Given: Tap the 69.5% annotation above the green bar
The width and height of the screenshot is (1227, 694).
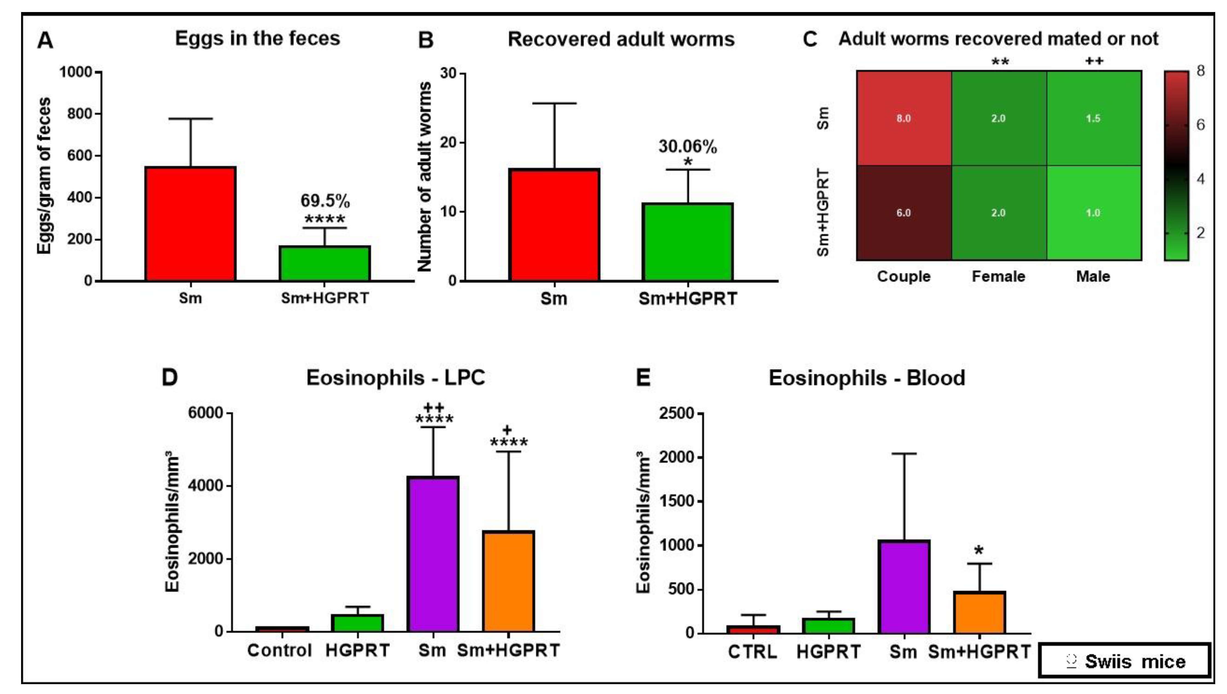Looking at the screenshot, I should pos(325,201).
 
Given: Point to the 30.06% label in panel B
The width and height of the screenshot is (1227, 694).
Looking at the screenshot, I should pos(687,146).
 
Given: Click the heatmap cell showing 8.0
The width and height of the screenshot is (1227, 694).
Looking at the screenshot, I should pos(904,118).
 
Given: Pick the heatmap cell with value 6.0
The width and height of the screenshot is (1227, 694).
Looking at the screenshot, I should pos(904,213).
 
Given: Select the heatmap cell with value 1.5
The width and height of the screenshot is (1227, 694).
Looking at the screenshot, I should pos(1093,118).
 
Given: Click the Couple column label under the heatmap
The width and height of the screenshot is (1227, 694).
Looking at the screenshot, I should pos(904,276).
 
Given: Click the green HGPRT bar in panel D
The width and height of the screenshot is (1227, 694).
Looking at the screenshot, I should pos(358,623).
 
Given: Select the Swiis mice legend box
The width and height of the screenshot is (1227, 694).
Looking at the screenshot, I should pos(1124,661).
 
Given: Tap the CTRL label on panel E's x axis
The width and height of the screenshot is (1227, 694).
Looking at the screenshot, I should pos(752,652).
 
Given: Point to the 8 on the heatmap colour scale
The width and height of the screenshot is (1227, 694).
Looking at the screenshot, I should pos(1200,71).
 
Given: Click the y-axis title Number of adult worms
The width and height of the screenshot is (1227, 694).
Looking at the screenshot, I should pos(424,176).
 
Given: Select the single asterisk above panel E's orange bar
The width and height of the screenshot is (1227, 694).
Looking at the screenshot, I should pos(979,551).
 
